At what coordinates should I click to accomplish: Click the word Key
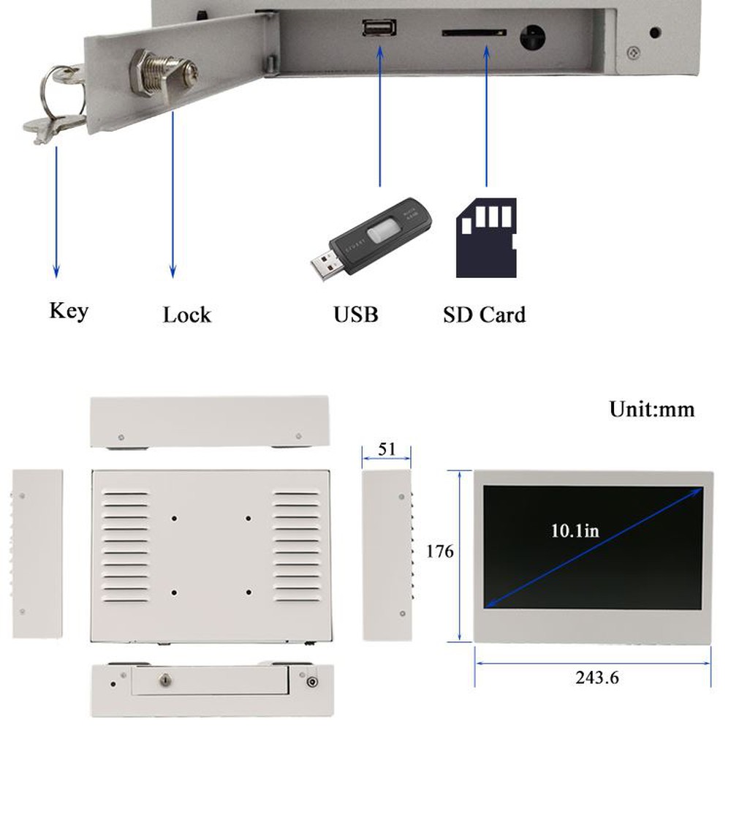click(69, 311)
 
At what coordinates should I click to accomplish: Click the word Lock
click(186, 315)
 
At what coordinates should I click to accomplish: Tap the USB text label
click(356, 315)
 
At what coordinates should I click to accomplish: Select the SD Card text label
click(484, 315)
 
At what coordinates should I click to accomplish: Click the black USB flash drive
click(369, 237)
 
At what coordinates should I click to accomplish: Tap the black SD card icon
click(486, 238)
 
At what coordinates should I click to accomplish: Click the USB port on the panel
click(379, 29)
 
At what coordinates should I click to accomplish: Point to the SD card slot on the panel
click(474, 33)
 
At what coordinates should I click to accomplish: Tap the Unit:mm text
click(652, 409)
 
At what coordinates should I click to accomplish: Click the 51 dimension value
click(387, 448)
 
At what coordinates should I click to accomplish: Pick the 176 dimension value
click(440, 552)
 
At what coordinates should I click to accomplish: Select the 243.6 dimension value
click(596, 677)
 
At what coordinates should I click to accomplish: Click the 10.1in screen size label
click(575, 530)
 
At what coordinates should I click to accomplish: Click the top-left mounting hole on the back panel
click(175, 519)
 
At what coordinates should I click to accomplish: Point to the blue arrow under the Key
click(56, 212)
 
